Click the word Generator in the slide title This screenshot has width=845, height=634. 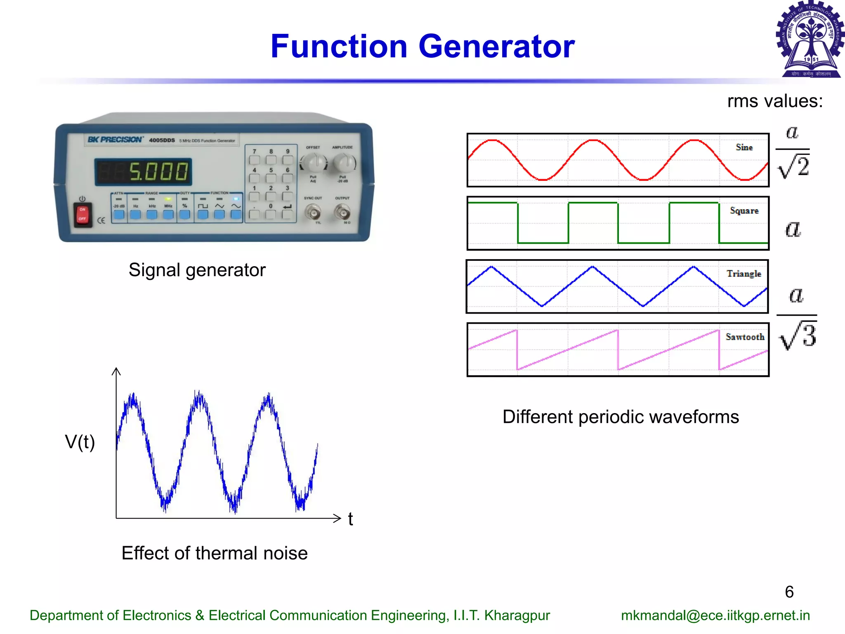[496, 46]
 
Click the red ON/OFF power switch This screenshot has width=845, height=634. [83, 214]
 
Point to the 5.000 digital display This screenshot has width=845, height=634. [144, 171]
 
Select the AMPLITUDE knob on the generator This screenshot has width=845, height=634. [344, 163]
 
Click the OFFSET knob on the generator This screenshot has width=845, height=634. [314, 163]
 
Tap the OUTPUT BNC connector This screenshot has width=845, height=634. [342, 213]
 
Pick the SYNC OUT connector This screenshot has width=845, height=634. [313, 213]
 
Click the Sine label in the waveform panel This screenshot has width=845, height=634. [744, 147]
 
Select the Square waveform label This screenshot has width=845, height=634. [744, 211]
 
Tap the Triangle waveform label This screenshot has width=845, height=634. [744, 274]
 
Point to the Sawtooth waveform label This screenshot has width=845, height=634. [745, 337]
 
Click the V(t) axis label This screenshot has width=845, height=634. [80, 442]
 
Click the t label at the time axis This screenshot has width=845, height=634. [350, 519]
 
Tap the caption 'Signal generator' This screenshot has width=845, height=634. [197, 270]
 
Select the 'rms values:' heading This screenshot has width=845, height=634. [775, 101]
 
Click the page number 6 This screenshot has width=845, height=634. [789, 592]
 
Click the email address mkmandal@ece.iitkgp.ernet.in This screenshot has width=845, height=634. [715, 615]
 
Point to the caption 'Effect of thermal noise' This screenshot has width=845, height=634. [215, 553]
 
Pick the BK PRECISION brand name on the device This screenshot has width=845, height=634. [115, 140]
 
